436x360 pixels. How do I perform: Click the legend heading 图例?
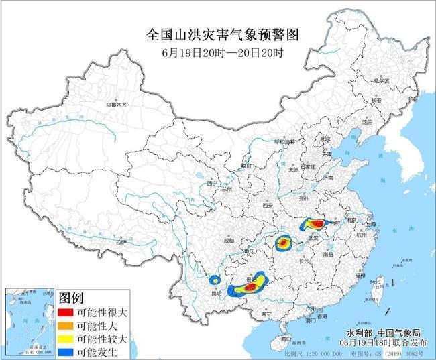tap(72, 298)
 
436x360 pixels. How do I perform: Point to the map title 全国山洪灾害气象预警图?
tap(221, 34)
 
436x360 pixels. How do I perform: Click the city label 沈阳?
tap(366, 123)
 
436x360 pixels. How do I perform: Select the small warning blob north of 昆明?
tap(215, 280)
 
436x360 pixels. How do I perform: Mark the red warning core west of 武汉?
tap(284, 242)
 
